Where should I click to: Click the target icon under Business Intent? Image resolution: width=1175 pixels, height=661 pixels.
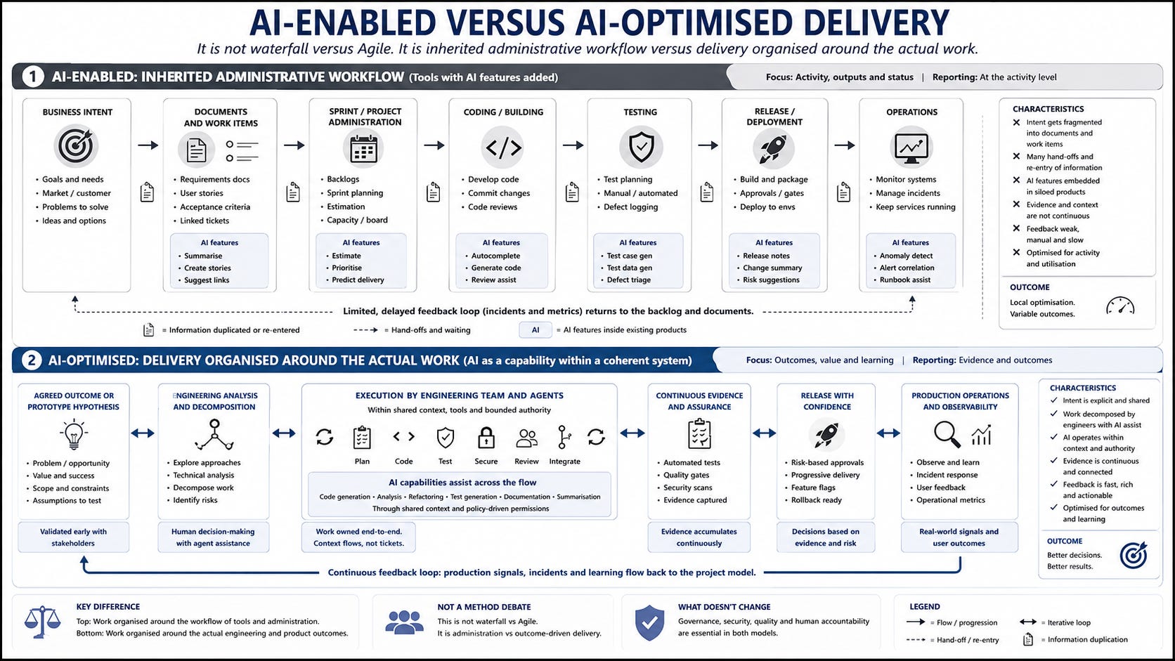pyautogui.click(x=75, y=145)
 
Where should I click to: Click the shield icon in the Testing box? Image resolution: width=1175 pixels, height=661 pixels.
pyautogui.click(x=641, y=147)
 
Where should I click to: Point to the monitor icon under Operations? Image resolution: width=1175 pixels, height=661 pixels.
pyautogui.click(x=911, y=148)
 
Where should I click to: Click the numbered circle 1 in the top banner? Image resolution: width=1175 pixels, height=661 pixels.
pyautogui.click(x=32, y=77)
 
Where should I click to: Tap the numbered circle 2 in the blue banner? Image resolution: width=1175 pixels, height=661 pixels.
pyautogui.click(x=32, y=360)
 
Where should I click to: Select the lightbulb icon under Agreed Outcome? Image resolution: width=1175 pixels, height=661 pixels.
pyautogui.click(x=73, y=434)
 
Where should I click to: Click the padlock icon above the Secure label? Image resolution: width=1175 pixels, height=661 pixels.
pyautogui.click(x=486, y=437)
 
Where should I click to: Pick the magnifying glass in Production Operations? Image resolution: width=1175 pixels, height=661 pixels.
pyautogui.click(x=947, y=435)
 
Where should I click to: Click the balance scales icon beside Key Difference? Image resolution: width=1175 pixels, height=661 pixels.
pyautogui.click(x=42, y=622)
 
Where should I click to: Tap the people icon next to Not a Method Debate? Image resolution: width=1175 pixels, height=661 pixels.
pyautogui.click(x=404, y=622)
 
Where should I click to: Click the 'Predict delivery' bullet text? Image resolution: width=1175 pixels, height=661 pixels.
pyautogui.click(x=358, y=280)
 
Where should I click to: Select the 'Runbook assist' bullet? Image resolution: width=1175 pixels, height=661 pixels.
pyautogui.click(x=905, y=280)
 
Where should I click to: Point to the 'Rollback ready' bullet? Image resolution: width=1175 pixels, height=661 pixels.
pyautogui.click(x=816, y=500)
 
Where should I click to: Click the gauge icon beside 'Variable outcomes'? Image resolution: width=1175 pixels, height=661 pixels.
pyautogui.click(x=1120, y=306)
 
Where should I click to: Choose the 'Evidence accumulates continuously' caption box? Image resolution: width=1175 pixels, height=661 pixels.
pyautogui.click(x=699, y=537)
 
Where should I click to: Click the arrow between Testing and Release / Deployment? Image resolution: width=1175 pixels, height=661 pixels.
pyautogui.click(x=708, y=145)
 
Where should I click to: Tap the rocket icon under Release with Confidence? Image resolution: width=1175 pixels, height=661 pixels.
pyautogui.click(x=826, y=435)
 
